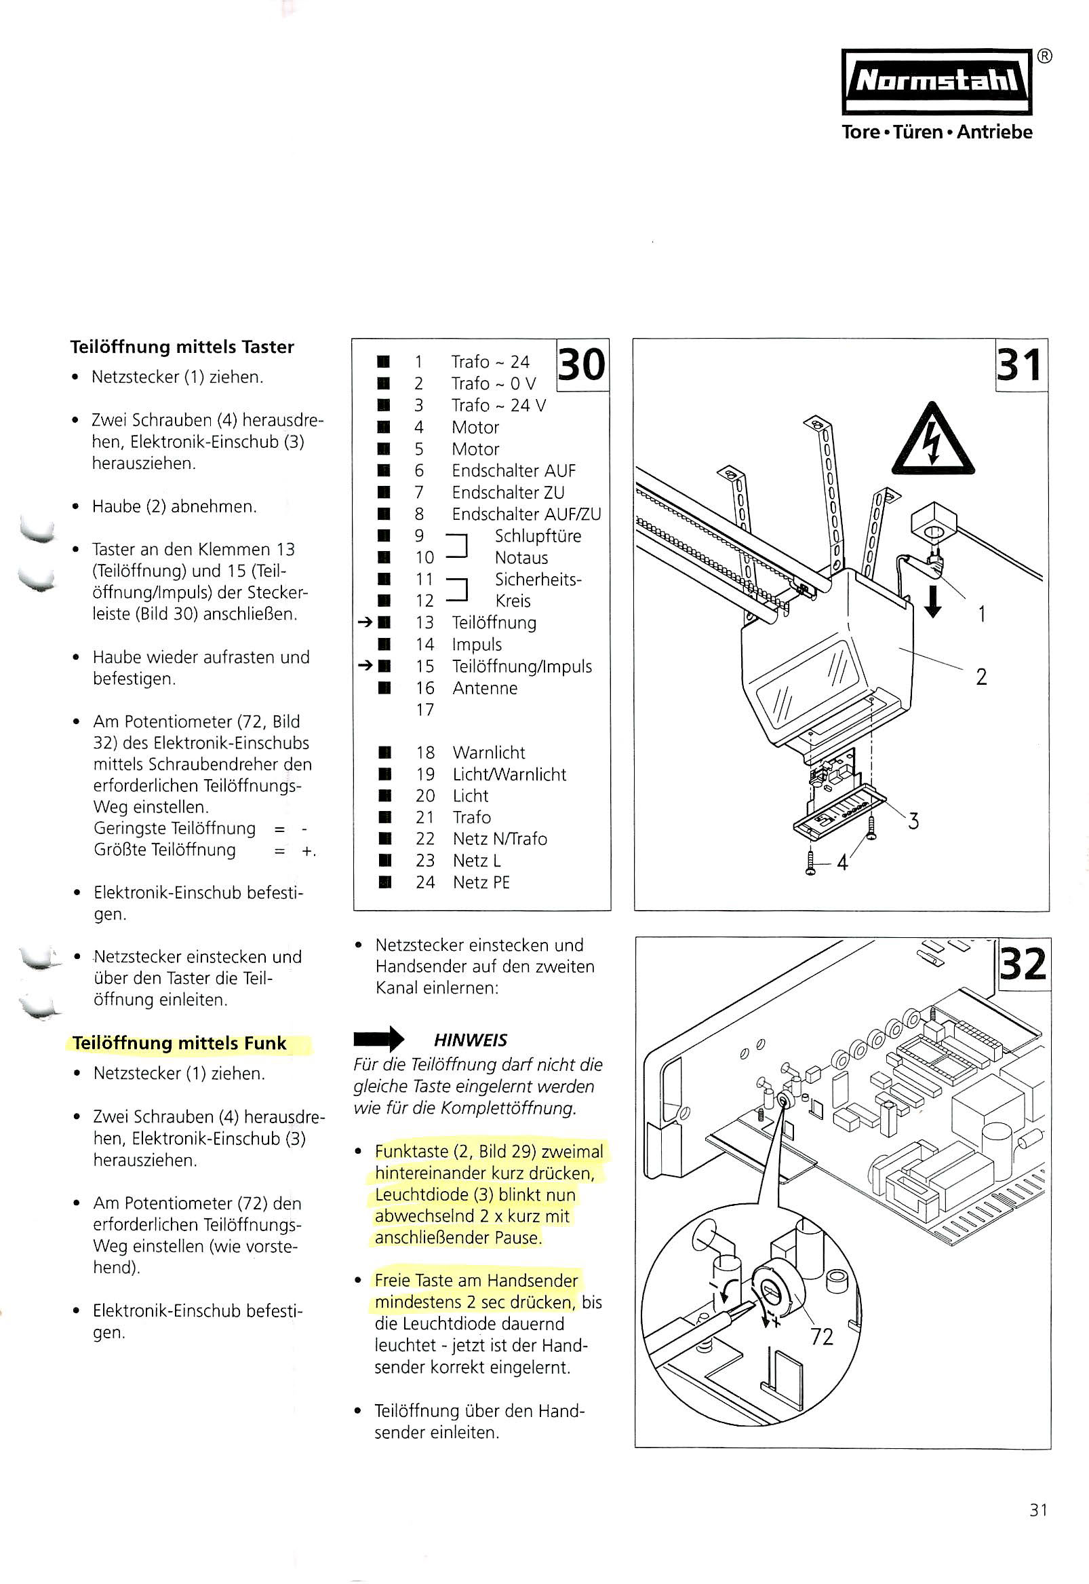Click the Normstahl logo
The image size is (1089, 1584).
(936, 81)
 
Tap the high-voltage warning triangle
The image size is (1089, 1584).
(933, 442)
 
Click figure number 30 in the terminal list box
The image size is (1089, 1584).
(581, 364)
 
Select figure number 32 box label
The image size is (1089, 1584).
(1022, 964)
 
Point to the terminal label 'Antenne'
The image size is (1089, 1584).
(484, 688)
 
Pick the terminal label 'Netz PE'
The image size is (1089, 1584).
(481, 882)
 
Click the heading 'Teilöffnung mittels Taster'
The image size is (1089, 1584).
(182, 347)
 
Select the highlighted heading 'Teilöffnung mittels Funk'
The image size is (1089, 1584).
(180, 1043)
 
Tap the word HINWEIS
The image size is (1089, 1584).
(470, 1040)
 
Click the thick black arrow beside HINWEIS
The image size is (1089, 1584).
(378, 1039)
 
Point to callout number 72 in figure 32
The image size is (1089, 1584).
(822, 1336)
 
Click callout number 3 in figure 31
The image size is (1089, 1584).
(913, 820)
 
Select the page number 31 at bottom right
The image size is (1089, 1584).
(1038, 1509)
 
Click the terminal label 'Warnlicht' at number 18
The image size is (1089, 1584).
(488, 753)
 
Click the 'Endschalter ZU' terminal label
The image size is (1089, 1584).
(508, 492)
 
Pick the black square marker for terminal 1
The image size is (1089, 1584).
(384, 361)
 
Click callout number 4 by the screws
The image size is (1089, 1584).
(842, 863)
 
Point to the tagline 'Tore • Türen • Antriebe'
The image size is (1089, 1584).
(937, 132)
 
